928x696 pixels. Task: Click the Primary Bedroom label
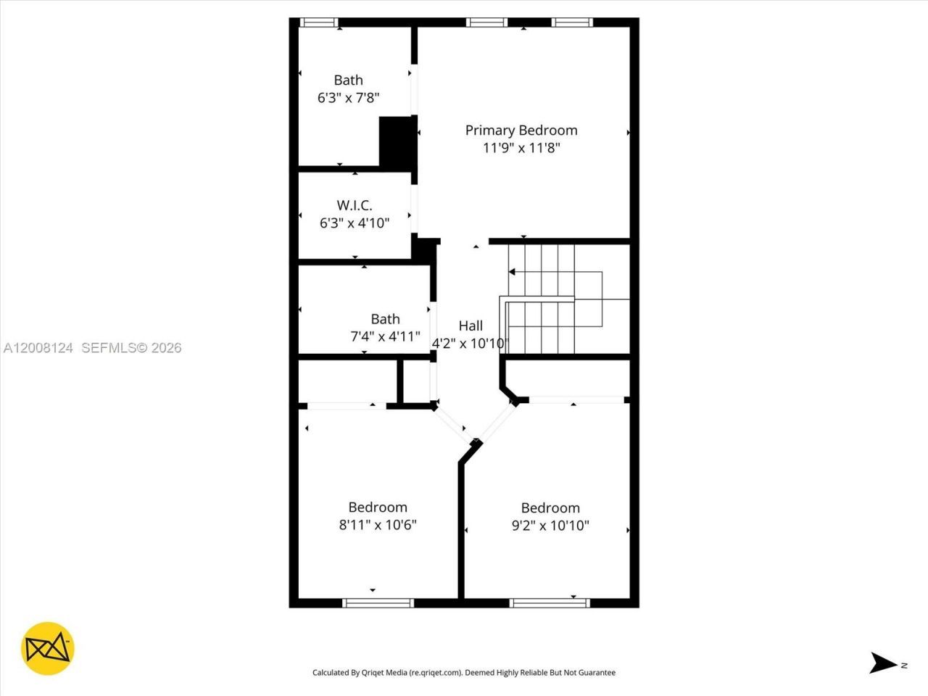[521, 130]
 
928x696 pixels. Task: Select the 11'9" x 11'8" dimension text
[521, 148]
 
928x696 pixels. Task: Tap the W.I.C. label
[355, 206]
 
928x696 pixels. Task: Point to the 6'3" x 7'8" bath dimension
[349, 98]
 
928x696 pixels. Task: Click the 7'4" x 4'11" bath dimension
[385, 336]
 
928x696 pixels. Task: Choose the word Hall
[471, 326]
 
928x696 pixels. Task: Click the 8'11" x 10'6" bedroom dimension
[378, 525]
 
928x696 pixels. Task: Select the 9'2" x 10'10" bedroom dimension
[550, 526]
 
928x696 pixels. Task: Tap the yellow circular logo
[48, 648]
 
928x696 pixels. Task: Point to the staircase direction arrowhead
[512, 272]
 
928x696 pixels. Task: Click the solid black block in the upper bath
[397, 142]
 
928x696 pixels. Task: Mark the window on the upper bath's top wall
[319, 22]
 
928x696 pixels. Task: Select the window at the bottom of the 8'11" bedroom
[378, 602]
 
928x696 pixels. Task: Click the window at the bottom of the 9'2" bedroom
[550, 602]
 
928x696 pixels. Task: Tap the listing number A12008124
[38, 348]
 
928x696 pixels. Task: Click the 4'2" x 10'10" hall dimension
[471, 344]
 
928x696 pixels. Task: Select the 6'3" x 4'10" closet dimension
[355, 223]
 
